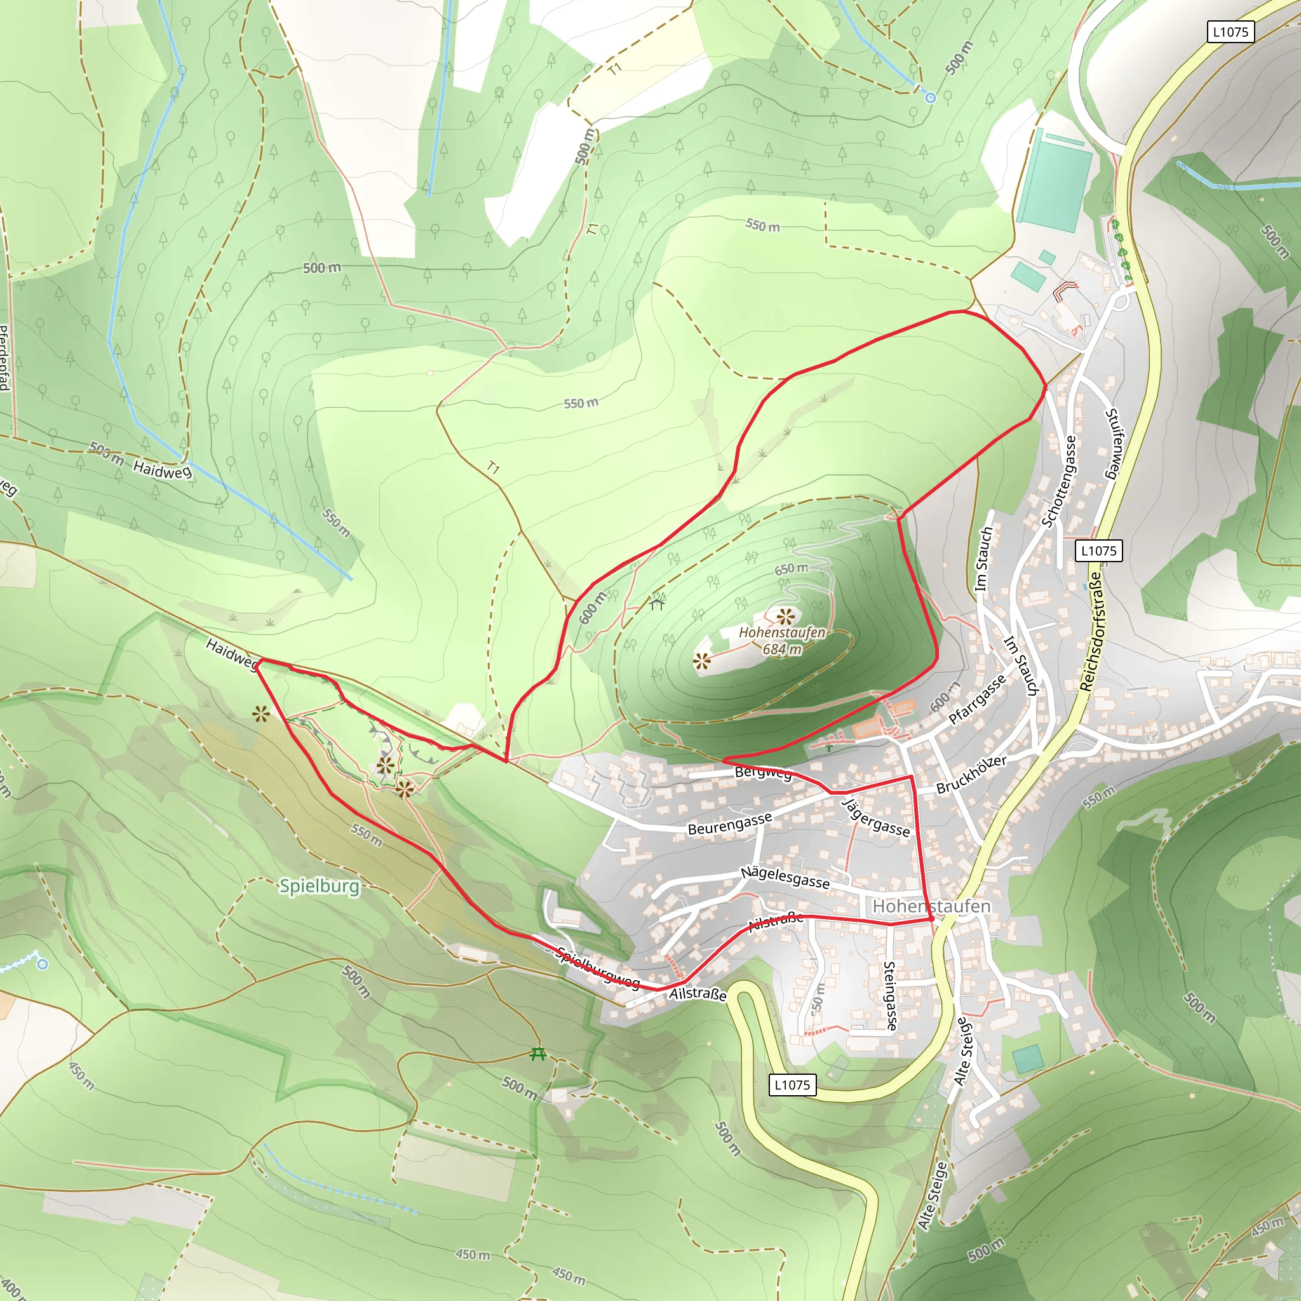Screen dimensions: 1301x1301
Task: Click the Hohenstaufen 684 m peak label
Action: [782, 640]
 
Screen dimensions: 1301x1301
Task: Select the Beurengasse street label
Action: [729, 823]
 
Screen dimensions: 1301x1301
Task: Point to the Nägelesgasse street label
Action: [785, 877]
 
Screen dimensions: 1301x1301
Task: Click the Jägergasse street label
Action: [875, 818]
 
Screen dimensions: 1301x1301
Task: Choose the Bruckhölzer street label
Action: [971, 774]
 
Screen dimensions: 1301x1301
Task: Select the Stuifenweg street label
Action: [1114, 444]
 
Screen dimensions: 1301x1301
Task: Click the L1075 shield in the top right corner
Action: [1230, 32]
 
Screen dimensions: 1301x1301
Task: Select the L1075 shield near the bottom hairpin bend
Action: [792, 1085]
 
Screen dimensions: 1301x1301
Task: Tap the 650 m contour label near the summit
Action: [790, 569]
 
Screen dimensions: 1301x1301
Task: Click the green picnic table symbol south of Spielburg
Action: [537, 1054]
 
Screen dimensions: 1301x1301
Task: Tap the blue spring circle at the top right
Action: [931, 98]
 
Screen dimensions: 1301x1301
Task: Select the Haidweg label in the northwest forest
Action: [161, 469]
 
